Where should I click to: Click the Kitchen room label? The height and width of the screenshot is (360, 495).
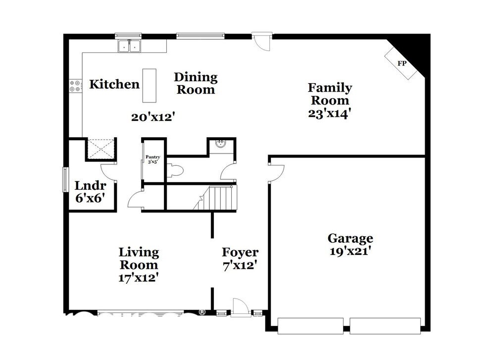tap(114, 84)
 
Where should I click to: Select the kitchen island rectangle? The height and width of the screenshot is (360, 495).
tap(149, 85)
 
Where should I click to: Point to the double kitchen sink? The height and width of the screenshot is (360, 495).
tap(129, 47)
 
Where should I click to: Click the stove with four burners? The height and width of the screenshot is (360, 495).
tap(75, 86)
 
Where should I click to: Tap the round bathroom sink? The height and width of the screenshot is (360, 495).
tap(221, 144)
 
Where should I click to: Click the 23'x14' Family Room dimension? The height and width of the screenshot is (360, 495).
tap(330, 112)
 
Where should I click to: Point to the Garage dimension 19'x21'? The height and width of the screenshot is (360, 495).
tap(350, 251)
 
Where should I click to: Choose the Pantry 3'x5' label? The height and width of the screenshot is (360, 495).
tap(152, 159)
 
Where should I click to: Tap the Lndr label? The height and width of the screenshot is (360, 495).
tap(91, 186)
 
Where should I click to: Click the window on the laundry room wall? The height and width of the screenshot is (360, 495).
tap(65, 179)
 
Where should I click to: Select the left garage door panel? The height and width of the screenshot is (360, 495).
tap(310, 325)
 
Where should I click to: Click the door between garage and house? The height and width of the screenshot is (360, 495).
tap(276, 171)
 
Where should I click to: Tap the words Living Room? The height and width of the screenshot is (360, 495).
tap(140, 258)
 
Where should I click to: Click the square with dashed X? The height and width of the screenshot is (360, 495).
tap(101, 149)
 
